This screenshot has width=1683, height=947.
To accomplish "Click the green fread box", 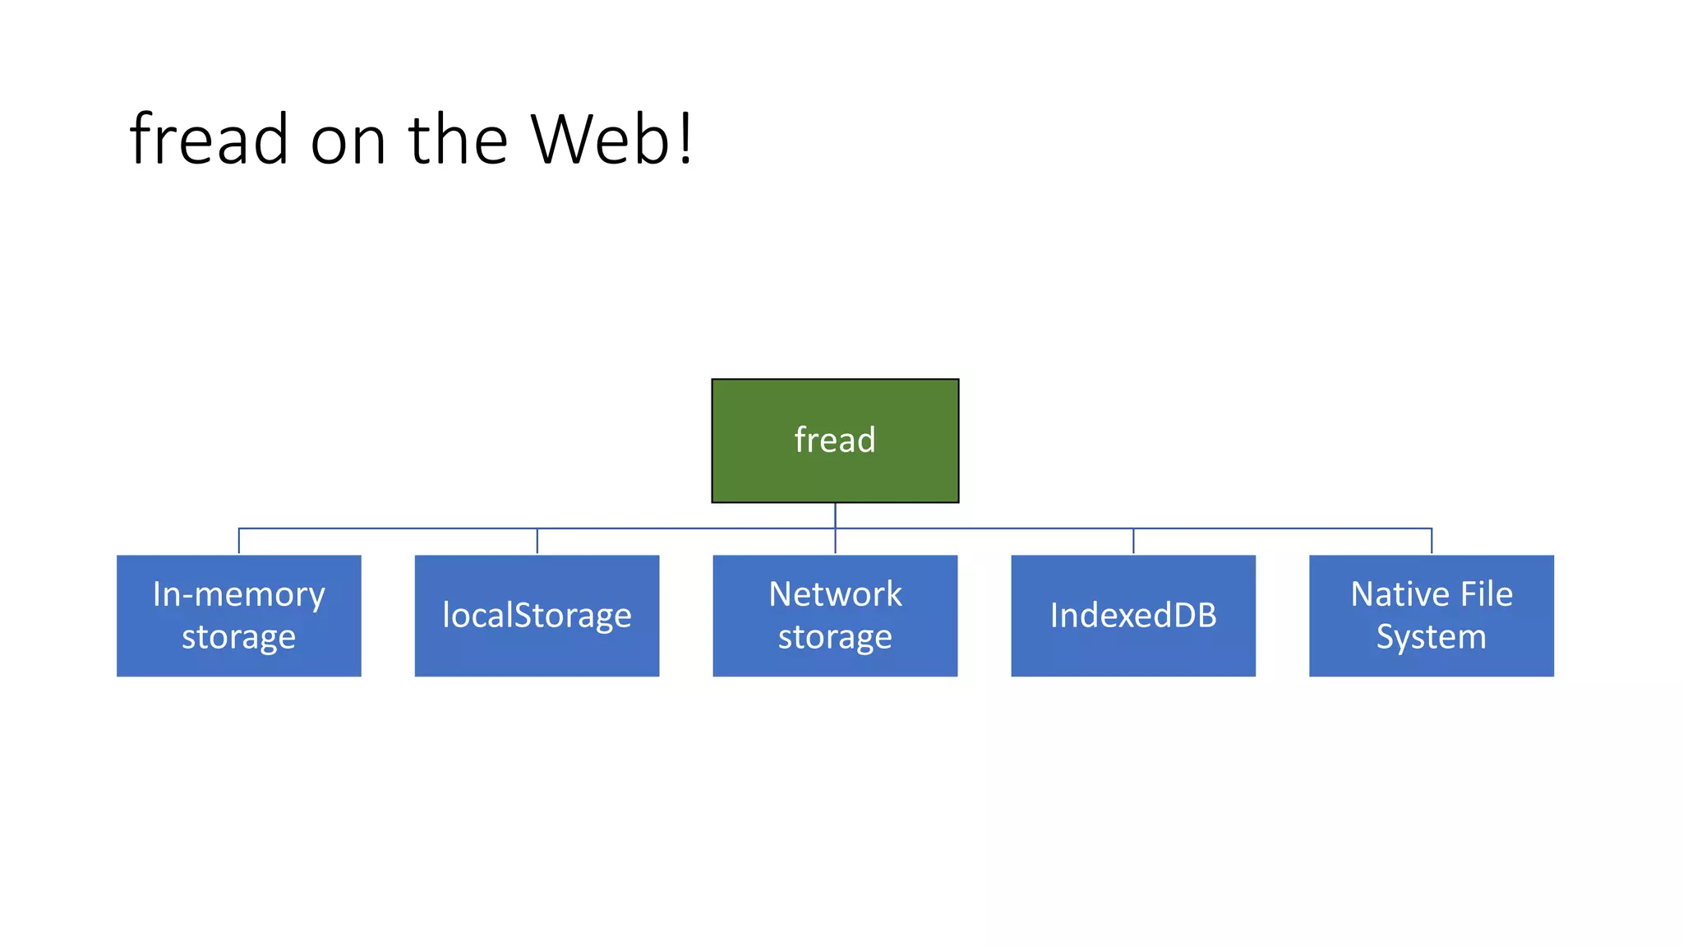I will point(835,440).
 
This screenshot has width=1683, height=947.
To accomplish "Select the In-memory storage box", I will point(238,616).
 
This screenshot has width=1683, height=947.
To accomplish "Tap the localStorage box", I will point(537,616).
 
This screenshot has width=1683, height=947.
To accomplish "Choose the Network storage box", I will point(835,616).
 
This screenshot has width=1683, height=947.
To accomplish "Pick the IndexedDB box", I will point(1133,616).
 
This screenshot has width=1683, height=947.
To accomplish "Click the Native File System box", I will point(1432,616).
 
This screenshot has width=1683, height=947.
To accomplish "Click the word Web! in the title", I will point(611,139).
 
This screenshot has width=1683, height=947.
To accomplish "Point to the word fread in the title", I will point(209,139).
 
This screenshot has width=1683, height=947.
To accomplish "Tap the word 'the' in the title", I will point(458,139).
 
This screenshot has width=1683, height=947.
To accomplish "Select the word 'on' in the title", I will point(348,141).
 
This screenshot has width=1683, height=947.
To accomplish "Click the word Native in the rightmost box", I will point(1390,594).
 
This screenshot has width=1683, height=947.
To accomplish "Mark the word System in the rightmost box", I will point(1432,637).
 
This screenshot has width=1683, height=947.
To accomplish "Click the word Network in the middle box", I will point(835,594).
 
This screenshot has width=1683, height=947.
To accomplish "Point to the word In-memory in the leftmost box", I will point(238,595).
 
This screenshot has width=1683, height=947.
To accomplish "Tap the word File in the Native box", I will point(1487,594).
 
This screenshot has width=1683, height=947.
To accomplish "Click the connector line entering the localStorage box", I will point(537,541).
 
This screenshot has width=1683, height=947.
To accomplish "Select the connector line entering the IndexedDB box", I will point(1133,541).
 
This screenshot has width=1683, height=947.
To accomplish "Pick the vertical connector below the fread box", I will point(835,515).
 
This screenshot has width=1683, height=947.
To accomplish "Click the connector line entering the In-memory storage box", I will point(238,541).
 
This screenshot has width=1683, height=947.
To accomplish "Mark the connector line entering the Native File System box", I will point(1432,541).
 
